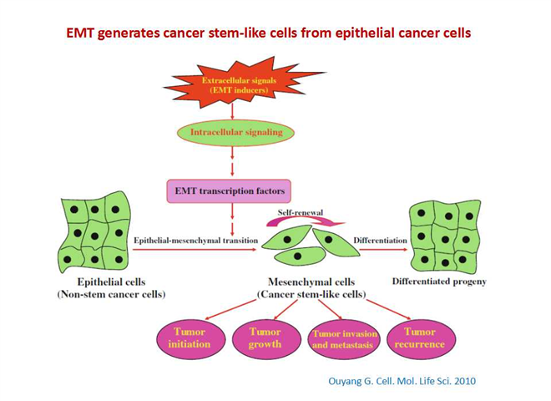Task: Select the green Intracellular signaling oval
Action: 235,133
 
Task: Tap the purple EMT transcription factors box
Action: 229,191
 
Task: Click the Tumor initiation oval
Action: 190,338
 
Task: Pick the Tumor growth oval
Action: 266,338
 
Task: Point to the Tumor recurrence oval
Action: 420,338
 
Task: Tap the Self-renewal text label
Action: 300,212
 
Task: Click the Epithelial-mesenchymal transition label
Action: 195,241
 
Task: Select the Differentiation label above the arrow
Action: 380,241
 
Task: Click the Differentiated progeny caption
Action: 439,282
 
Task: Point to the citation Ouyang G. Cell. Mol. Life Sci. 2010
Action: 402,381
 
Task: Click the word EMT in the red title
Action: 79,33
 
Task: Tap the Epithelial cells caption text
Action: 111,282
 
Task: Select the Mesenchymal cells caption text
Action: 311,282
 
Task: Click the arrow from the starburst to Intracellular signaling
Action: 232,111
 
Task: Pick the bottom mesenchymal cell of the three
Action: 299,256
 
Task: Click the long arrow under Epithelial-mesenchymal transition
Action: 195,250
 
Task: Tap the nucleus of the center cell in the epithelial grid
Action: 94,236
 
